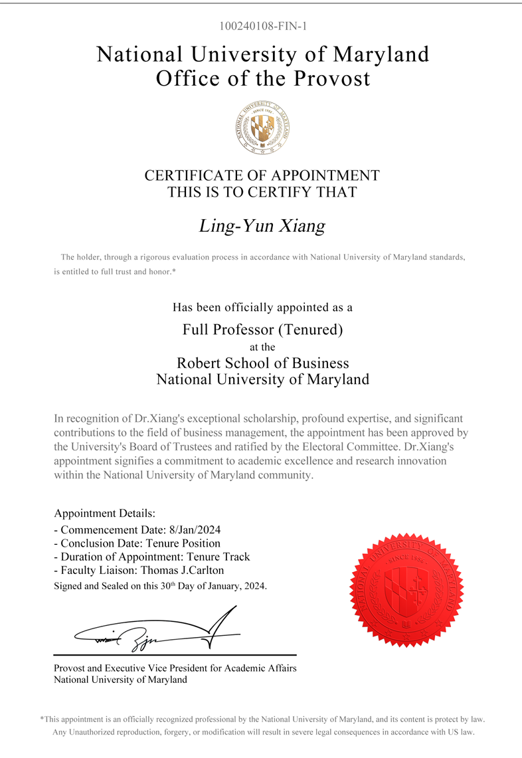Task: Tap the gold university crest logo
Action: [x=263, y=128]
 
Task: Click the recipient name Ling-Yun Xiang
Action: [x=262, y=226]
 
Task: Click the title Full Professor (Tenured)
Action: [x=262, y=328]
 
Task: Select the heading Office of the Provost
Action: [x=262, y=78]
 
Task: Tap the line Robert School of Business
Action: [x=262, y=363]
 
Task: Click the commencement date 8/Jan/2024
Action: [x=195, y=530]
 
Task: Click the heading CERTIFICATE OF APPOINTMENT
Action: [x=262, y=175]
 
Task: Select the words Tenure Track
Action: [x=219, y=557]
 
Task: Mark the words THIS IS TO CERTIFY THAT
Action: [x=262, y=193]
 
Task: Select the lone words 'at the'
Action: [x=262, y=347]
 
